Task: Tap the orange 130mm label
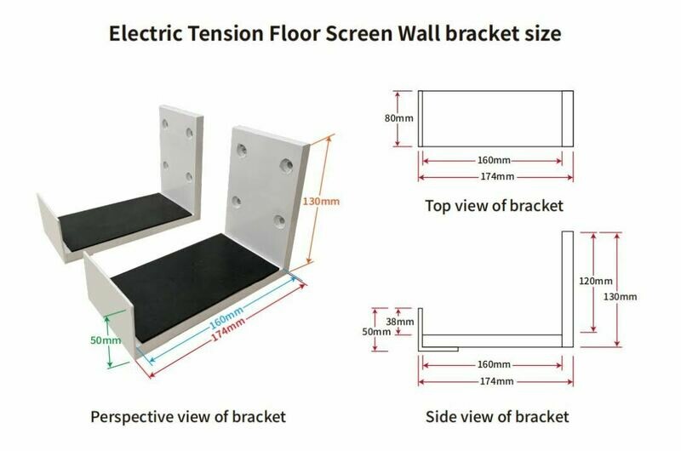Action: [x=321, y=202]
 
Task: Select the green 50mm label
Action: [x=106, y=340]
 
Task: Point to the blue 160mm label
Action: [x=226, y=317]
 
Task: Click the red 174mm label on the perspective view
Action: [x=228, y=330]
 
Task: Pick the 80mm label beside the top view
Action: [x=398, y=118]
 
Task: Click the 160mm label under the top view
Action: [x=494, y=160]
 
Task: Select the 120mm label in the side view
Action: [x=595, y=282]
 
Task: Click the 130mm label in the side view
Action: [x=621, y=297]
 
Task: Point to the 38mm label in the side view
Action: [x=400, y=322]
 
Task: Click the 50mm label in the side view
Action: [x=376, y=332]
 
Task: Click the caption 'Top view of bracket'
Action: [x=494, y=205]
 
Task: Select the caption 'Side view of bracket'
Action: [x=497, y=417]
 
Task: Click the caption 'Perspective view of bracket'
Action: [x=188, y=417]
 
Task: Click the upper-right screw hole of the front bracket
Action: [x=286, y=165]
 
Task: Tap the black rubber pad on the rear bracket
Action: [x=124, y=220]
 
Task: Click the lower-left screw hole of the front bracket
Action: [x=237, y=202]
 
